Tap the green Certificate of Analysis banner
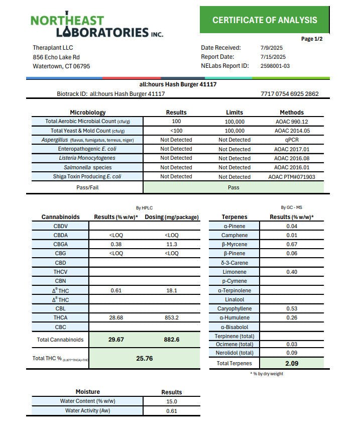(x=265, y=20)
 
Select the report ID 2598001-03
(x=275, y=66)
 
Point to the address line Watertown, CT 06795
(x=61, y=66)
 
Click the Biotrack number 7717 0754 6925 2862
(x=290, y=94)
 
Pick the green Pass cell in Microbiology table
(x=233, y=187)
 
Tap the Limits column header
(x=234, y=113)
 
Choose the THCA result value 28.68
(x=116, y=318)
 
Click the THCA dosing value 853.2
(x=172, y=318)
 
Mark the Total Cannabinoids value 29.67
(x=116, y=340)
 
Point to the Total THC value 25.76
(x=144, y=358)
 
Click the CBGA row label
(x=61, y=245)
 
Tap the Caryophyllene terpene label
(x=234, y=308)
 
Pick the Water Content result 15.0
(x=171, y=401)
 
